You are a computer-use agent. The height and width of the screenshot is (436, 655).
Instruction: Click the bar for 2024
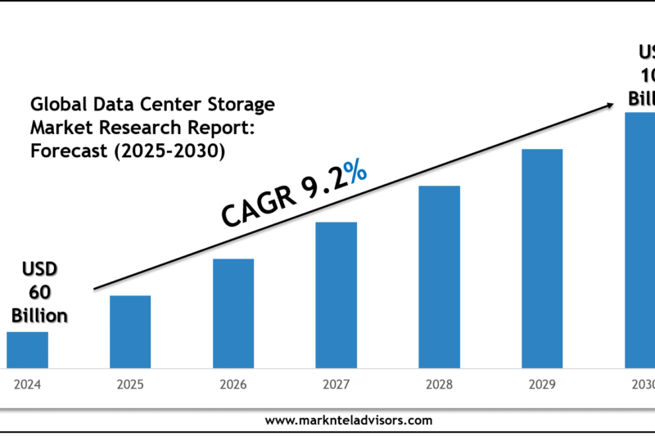coord(27,349)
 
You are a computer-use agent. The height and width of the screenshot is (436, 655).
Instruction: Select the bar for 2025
coord(130,331)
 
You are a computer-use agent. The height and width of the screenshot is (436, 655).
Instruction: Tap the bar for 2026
coord(233,312)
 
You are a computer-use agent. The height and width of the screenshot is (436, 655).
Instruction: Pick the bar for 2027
coord(336,294)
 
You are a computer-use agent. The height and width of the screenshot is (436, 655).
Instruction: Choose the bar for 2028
coord(439,276)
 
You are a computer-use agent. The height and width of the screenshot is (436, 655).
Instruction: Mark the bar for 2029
coord(542,258)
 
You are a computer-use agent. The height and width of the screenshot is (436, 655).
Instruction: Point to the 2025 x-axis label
coord(130,384)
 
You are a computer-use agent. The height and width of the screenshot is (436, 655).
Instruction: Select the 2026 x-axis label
coord(233,384)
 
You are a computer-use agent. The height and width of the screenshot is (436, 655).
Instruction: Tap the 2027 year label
coord(336,384)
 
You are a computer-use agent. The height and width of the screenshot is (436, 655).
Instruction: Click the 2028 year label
coord(439,384)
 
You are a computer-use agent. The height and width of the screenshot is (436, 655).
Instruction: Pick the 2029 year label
coord(542,384)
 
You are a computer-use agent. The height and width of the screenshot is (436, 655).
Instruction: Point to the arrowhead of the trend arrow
coord(609,105)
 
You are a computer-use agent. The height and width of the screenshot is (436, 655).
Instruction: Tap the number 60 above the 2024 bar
coord(41,292)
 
